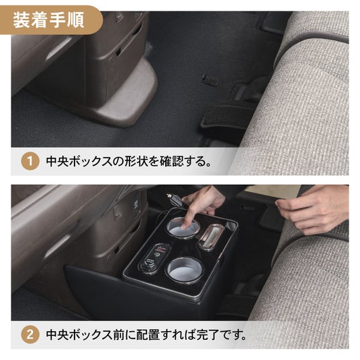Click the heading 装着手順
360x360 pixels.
click(x=48, y=20)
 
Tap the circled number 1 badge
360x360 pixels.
click(x=30, y=161)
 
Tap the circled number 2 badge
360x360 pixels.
click(x=30, y=334)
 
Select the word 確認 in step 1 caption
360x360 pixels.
click(x=171, y=161)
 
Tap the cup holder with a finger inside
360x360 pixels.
click(x=183, y=227)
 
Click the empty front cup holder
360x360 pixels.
click(x=184, y=269)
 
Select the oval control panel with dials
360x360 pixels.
click(x=154, y=259)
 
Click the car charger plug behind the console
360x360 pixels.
click(x=175, y=200)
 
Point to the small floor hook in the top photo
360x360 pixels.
click(x=210, y=81)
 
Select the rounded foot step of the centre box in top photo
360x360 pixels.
click(x=128, y=97)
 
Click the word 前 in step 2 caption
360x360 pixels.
click(x=119, y=334)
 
